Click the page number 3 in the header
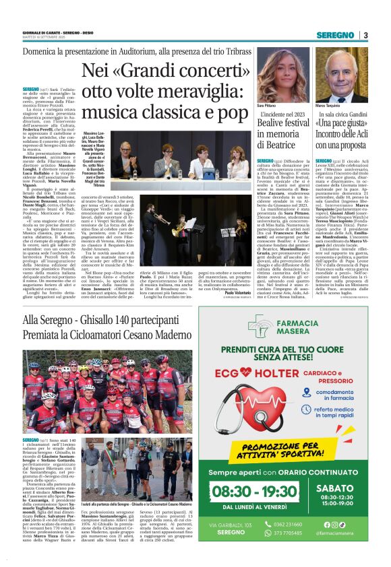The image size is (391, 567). click(x=365, y=35)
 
